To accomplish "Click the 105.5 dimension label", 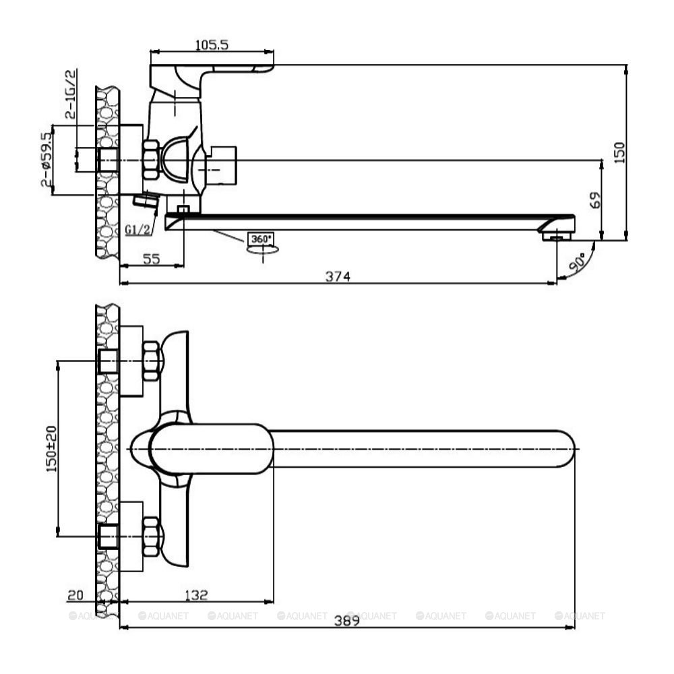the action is tap(212, 44).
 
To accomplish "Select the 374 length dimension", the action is tap(338, 276).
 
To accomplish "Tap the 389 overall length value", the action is tap(347, 621).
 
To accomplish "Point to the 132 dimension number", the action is tap(196, 595).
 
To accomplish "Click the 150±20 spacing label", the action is tap(51, 449).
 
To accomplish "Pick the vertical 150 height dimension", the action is tap(619, 152).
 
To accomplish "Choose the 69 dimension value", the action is tap(595, 200).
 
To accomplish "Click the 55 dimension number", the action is tap(151, 259).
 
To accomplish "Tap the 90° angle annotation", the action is tap(578, 262).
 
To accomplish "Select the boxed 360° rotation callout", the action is tap(262, 239).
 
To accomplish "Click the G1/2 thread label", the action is tap(138, 230).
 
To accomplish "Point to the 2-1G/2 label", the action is tap(71, 94).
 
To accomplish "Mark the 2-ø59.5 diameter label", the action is tap(47, 160).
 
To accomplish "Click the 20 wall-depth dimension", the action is tap(75, 595).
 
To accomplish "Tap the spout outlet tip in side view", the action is tap(557, 236).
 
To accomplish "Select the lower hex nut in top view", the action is tap(151, 537).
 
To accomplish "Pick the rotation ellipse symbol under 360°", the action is tap(263, 249).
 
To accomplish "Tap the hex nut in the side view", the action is tap(151, 160).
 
